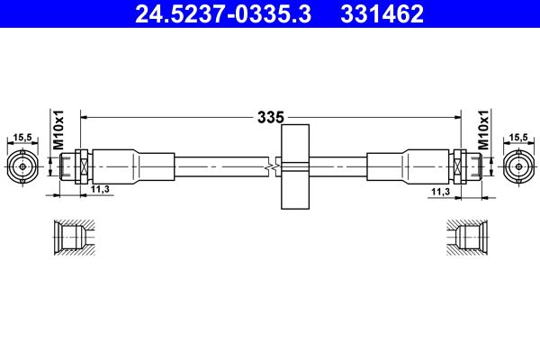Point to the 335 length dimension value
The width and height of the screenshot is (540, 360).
click(x=269, y=117)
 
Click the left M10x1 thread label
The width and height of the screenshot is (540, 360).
click(x=56, y=130)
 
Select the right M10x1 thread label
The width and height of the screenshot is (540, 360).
click(x=483, y=130)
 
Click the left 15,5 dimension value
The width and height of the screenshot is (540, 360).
click(x=23, y=137)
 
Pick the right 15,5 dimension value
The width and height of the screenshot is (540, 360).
click(x=517, y=137)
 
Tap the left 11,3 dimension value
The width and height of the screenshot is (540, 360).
click(x=100, y=189)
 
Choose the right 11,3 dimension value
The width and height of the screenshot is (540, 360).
click(x=439, y=191)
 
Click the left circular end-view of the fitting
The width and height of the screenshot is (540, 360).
click(x=23, y=166)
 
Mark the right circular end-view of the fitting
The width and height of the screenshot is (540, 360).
click(x=517, y=166)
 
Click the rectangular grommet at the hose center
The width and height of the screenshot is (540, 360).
click(x=295, y=166)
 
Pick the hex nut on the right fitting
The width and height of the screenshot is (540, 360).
click(x=459, y=166)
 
